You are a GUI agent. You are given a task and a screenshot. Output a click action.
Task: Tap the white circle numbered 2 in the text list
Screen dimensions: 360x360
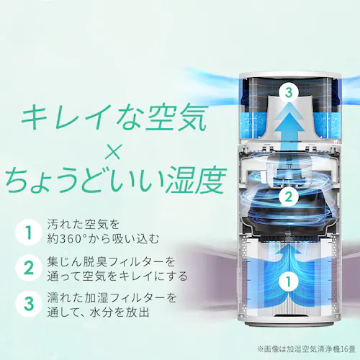28,269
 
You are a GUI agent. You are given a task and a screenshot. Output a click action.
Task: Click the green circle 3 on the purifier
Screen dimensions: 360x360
288,93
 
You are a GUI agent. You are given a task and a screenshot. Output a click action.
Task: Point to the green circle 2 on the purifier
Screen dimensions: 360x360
288,195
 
